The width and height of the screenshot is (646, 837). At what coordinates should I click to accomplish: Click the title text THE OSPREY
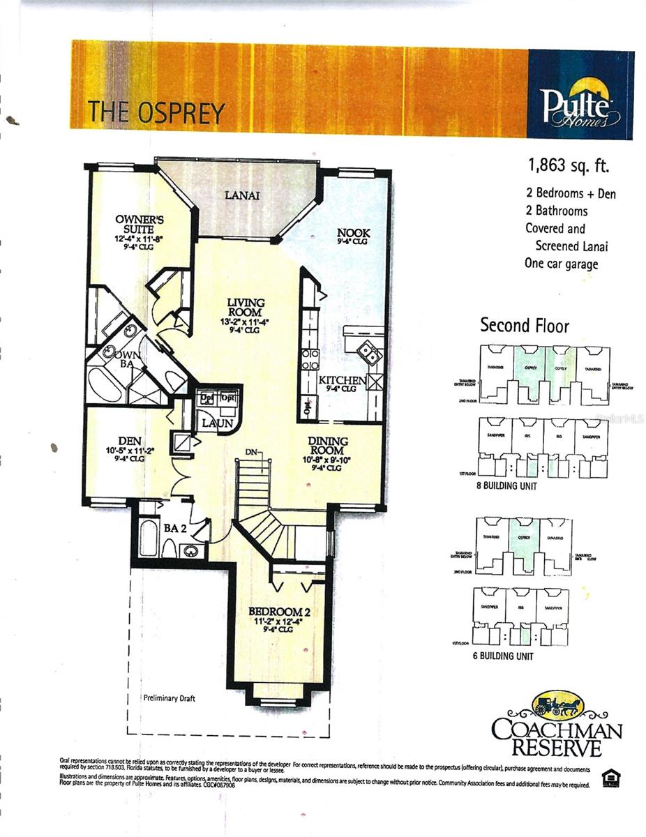(156, 112)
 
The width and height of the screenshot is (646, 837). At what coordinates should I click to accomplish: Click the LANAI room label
(242, 195)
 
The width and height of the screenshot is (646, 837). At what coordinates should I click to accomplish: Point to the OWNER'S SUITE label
(140, 224)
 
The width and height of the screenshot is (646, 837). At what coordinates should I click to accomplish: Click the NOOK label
(353, 233)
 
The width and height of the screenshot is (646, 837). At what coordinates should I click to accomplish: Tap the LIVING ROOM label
(246, 308)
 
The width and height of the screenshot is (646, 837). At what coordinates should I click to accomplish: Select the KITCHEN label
(342, 380)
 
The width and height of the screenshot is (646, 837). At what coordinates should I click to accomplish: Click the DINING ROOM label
(327, 446)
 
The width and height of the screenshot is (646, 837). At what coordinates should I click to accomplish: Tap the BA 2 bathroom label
(174, 528)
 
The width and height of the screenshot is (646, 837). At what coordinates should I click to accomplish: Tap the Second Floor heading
(525, 326)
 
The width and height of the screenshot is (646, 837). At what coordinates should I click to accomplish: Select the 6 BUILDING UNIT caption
(503, 656)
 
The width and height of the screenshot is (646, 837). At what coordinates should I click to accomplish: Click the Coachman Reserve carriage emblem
(557, 704)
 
